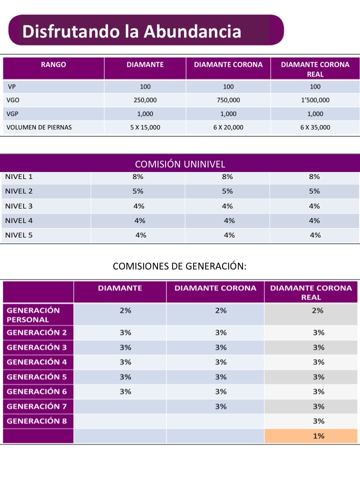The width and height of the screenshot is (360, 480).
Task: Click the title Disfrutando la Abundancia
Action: (x=131, y=31)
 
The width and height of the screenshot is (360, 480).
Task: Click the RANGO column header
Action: (x=53, y=64)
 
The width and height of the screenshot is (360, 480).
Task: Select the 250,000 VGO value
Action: (x=145, y=100)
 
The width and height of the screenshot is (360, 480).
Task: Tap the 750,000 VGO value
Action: (x=228, y=100)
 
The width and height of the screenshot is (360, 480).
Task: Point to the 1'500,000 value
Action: (x=315, y=100)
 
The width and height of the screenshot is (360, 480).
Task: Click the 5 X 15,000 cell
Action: (x=145, y=127)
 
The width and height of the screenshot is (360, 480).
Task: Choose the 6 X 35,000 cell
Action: (x=315, y=127)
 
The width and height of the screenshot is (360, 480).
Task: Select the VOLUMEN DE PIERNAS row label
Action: (x=39, y=127)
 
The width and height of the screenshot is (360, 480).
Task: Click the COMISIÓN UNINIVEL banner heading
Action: (x=180, y=164)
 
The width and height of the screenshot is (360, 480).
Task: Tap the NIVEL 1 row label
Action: (x=18, y=176)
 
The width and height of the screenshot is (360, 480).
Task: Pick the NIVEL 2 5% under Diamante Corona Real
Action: (x=314, y=191)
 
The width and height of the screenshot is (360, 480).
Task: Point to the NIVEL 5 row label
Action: (x=18, y=235)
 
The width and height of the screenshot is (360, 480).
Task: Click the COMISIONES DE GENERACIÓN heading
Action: (x=179, y=266)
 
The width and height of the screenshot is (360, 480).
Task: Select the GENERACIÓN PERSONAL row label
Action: (x=33, y=314)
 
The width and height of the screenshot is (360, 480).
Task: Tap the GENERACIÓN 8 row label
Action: (x=36, y=421)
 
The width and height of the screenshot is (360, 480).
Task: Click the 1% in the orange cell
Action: (x=318, y=436)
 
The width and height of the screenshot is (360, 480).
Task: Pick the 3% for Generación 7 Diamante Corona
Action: (x=220, y=406)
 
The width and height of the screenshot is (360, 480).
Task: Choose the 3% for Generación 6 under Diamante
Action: (x=125, y=391)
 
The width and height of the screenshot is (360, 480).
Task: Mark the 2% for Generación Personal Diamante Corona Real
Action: (x=317, y=310)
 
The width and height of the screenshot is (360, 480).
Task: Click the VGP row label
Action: (x=12, y=114)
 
